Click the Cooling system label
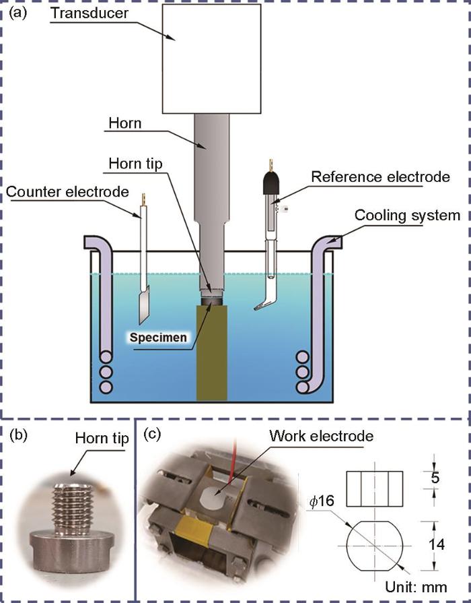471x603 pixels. (406, 216)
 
